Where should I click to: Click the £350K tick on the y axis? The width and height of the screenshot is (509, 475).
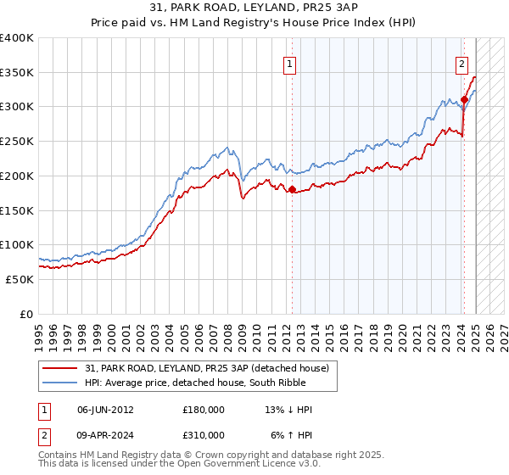click(x=17, y=73)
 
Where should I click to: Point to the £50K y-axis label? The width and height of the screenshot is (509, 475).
click(x=20, y=279)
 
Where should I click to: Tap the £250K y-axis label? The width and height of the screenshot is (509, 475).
click(x=17, y=142)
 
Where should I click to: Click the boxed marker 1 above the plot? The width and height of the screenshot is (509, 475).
click(x=290, y=63)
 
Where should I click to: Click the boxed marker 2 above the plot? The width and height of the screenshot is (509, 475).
click(x=462, y=63)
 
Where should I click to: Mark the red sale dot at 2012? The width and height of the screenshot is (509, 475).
click(x=292, y=190)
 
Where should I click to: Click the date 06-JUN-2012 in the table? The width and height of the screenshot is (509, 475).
click(x=105, y=410)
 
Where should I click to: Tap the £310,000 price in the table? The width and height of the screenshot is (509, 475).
click(x=204, y=435)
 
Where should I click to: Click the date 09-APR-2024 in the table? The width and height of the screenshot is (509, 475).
click(x=105, y=435)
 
